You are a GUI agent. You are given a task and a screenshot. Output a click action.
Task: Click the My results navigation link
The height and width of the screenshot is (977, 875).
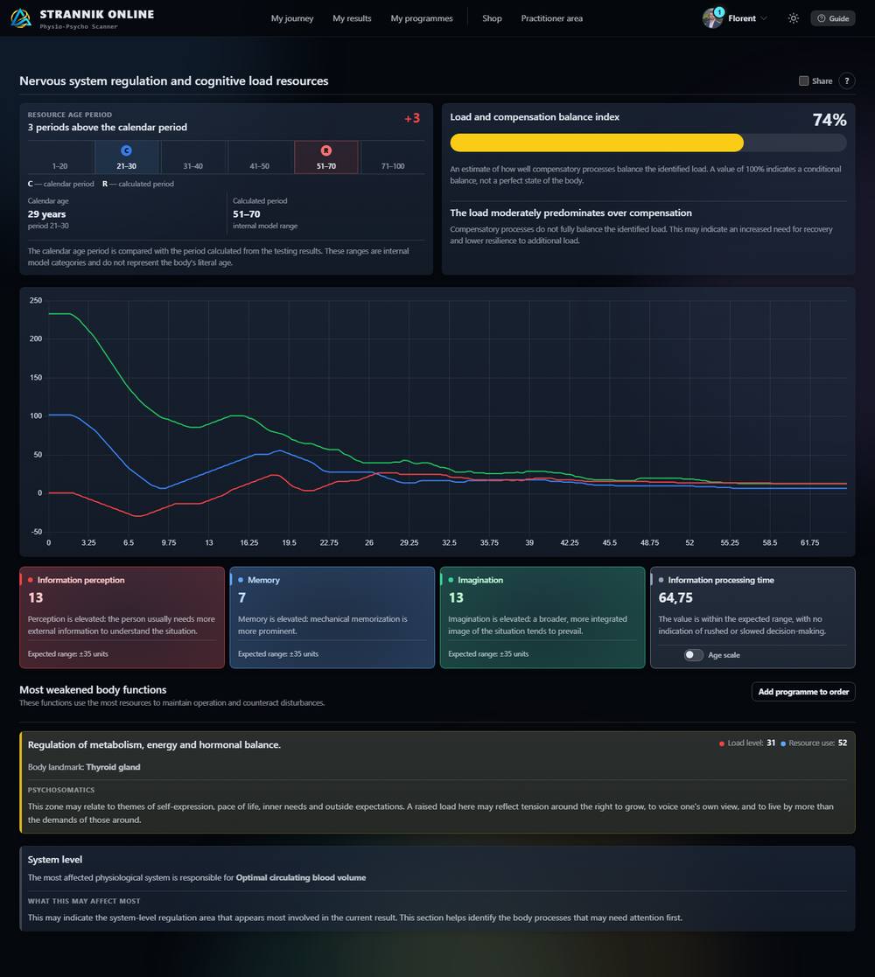pos(352,18)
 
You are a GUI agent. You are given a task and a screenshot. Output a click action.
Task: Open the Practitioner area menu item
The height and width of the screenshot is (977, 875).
pos(551,18)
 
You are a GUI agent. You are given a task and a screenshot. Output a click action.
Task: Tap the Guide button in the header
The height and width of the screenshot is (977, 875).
pos(833,18)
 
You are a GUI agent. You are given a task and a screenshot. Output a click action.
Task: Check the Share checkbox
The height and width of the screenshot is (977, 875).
pos(804,81)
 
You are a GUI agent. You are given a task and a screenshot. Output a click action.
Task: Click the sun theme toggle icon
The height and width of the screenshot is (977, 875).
pos(794,18)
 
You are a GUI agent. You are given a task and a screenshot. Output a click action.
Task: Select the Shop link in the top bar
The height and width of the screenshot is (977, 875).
pos(492,18)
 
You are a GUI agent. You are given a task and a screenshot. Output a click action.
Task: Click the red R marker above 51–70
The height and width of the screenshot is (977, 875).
pos(326,150)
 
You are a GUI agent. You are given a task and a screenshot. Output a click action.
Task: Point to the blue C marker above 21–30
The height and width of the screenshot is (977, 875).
pos(126,150)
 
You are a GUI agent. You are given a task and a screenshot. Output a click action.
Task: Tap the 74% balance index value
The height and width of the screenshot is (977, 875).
pos(829,120)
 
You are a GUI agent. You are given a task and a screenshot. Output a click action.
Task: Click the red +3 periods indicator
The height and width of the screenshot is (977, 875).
pos(412,118)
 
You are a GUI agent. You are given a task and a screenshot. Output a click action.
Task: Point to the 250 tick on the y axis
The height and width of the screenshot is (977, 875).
pos(36,300)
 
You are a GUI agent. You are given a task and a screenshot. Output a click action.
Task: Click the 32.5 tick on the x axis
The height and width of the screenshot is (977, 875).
pos(450,542)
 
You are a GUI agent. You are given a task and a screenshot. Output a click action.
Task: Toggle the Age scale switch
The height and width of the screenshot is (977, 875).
pos(694,655)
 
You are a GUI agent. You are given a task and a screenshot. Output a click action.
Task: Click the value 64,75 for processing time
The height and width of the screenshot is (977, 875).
pos(675,598)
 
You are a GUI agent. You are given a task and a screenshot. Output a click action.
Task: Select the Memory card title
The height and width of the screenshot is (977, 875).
pos(263,580)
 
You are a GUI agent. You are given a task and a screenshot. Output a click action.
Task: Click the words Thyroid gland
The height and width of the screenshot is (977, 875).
pos(113,767)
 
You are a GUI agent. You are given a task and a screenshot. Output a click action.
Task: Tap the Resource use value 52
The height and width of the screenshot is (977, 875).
pos(843,743)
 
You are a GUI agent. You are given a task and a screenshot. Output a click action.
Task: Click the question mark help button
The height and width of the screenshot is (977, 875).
pos(846,81)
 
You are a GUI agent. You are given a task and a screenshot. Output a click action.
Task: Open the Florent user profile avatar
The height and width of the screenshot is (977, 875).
pos(712,18)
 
